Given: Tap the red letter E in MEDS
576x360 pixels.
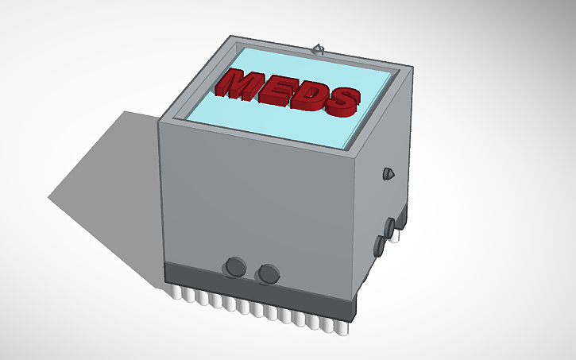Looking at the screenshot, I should [276, 88].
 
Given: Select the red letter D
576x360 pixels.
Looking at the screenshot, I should [307, 95].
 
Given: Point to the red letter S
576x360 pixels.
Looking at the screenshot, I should [340, 99].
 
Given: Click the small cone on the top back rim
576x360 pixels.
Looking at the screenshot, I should [319, 49].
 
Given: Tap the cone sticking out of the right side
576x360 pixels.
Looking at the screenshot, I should [389, 172].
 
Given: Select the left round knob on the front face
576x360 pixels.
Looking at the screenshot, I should [236, 267].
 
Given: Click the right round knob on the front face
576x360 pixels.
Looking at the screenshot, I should [269, 273].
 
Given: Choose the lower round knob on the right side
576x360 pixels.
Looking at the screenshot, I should [380, 245].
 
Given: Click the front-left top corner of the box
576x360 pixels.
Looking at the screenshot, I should [160, 122].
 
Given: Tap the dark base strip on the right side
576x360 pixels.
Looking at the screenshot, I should [385, 254].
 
